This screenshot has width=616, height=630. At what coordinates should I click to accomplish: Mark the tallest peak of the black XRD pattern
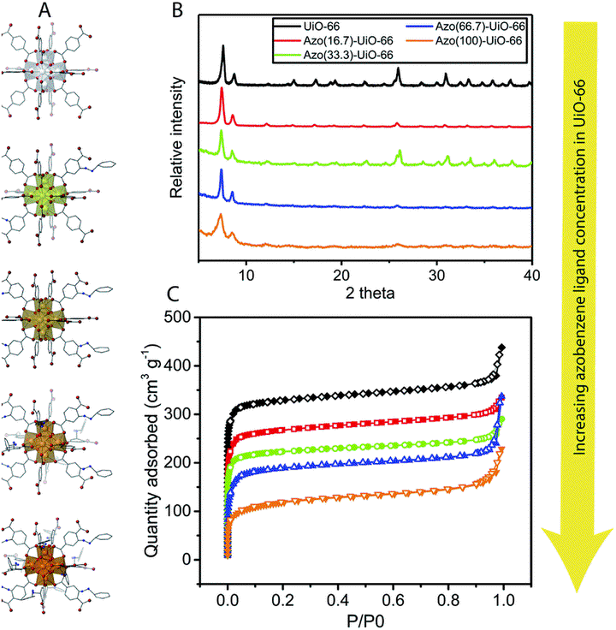tap(223, 47)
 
